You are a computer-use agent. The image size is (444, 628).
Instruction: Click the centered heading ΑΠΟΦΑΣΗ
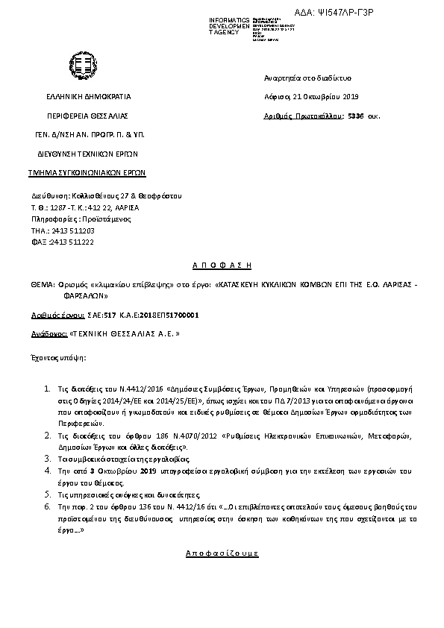222,265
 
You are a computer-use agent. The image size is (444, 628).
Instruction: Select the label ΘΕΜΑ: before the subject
41,284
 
